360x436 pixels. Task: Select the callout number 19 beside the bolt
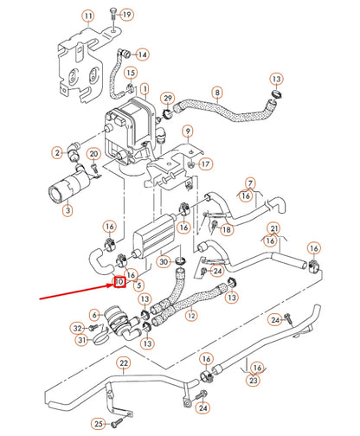point(126,16)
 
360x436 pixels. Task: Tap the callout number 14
point(142,54)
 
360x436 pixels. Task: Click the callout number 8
point(217,92)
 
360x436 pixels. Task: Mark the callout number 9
point(187,131)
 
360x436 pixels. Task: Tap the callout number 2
point(59,153)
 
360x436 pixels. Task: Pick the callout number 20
point(95,154)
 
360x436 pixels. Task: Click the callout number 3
point(68,209)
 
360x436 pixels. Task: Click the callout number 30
point(164,262)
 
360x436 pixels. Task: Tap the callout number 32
point(77,328)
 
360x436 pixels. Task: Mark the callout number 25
point(98,423)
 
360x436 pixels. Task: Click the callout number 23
point(254,379)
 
